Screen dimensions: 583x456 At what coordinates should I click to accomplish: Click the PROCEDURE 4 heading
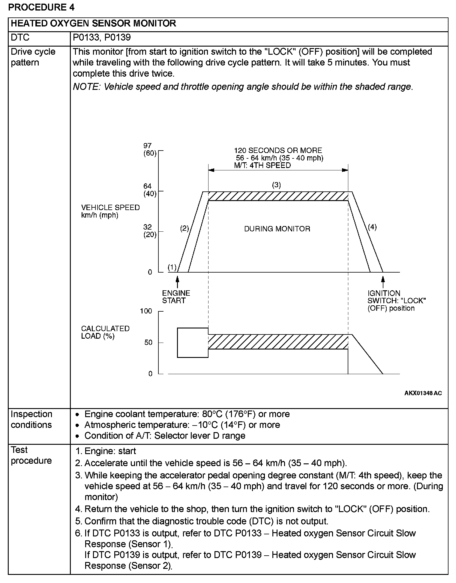(x=41, y=7)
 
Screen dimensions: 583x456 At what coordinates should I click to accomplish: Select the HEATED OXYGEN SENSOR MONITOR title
(x=93, y=23)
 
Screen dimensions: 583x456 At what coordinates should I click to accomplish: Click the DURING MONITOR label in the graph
(x=277, y=229)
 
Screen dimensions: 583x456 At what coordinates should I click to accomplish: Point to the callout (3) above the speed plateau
(x=276, y=185)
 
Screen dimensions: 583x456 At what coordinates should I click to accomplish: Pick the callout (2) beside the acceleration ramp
(x=184, y=229)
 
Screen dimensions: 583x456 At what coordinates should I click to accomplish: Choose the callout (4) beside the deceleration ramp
(x=372, y=227)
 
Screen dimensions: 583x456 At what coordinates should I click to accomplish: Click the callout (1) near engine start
(x=172, y=267)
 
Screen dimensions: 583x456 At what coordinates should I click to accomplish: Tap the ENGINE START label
(x=176, y=297)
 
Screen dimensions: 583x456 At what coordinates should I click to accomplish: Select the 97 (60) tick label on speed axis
(x=150, y=150)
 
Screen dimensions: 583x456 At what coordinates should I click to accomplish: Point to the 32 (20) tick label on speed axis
(x=150, y=231)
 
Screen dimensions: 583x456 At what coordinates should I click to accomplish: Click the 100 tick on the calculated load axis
(x=146, y=311)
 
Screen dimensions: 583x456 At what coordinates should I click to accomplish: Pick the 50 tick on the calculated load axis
(x=148, y=343)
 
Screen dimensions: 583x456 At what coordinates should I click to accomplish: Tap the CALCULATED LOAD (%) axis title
(x=105, y=332)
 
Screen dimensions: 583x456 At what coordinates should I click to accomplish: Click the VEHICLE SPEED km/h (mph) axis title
(x=110, y=211)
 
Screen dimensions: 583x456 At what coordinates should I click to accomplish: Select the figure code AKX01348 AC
(x=423, y=393)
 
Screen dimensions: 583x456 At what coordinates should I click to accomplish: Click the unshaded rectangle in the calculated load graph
(x=193, y=343)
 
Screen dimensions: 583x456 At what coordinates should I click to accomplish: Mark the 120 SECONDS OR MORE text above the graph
(x=278, y=151)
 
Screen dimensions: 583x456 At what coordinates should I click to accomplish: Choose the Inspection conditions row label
(x=31, y=420)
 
